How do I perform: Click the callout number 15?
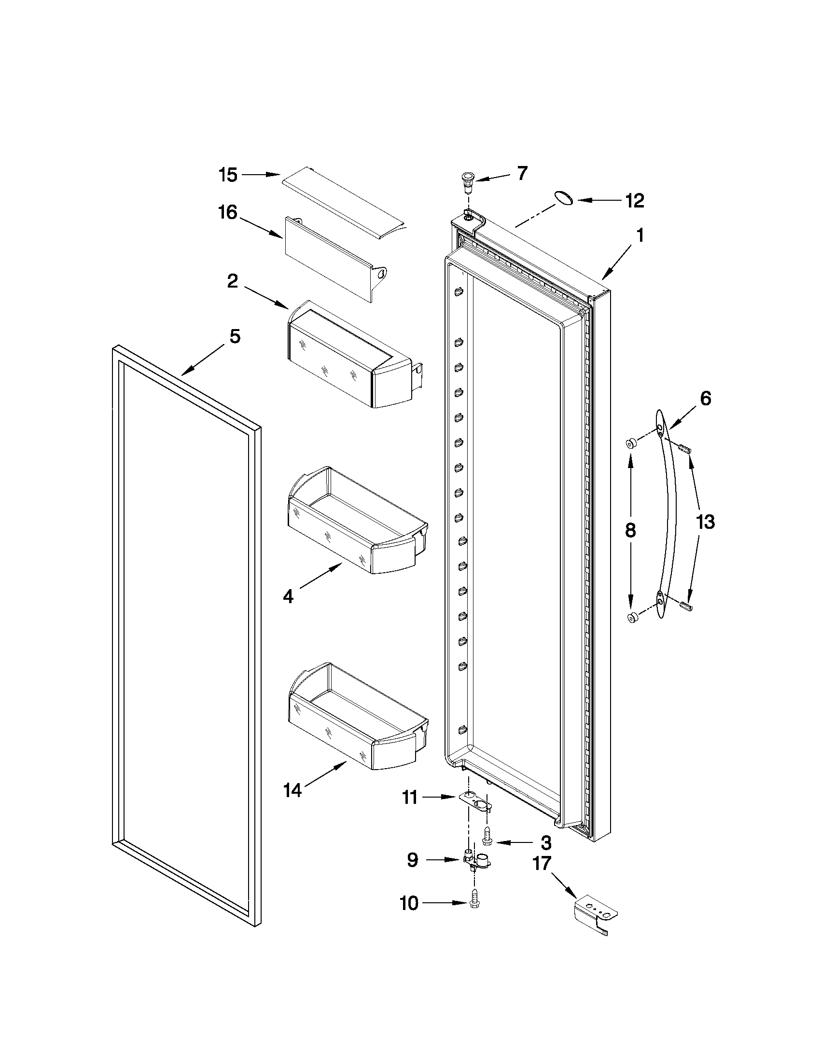(228, 175)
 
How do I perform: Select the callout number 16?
(228, 212)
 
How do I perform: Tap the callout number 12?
(634, 200)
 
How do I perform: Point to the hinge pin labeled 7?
(468, 180)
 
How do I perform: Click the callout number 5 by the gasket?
(235, 336)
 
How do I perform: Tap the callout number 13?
(705, 522)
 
